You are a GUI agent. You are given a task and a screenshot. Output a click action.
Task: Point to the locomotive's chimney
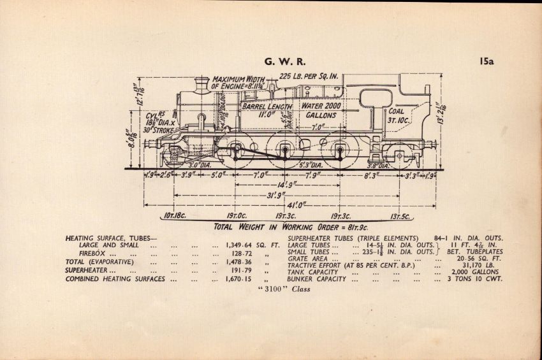(202, 84)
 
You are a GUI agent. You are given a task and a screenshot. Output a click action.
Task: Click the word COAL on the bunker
(396, 110)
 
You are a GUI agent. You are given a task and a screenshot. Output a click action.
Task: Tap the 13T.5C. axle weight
(400, 216)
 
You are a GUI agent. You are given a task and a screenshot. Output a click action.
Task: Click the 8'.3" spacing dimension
(371, 173)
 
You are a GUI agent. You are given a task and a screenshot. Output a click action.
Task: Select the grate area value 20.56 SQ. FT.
(479, 259)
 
